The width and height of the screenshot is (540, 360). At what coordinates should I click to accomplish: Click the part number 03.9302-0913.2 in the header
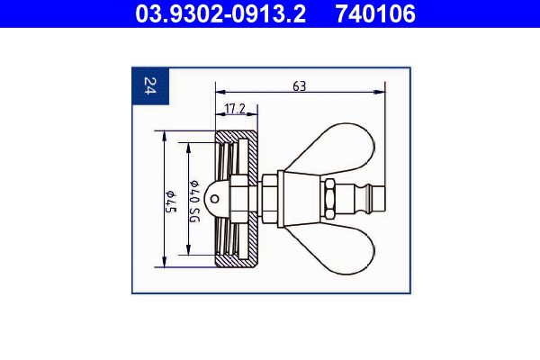[x=220, y=13]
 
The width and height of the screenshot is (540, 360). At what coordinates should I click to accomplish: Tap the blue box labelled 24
[x=149, y=86]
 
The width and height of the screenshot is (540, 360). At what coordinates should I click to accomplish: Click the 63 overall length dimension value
[x=300, y=86]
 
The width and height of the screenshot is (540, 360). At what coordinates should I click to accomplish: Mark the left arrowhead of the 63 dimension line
[x=219, y=92]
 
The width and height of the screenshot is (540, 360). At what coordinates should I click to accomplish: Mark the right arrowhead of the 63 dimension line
[x=382, y=92]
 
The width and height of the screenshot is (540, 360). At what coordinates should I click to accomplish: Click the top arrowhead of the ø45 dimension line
[x=164, y=135]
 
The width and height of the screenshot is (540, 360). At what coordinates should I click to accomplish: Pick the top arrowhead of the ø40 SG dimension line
[x=188, y=143]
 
